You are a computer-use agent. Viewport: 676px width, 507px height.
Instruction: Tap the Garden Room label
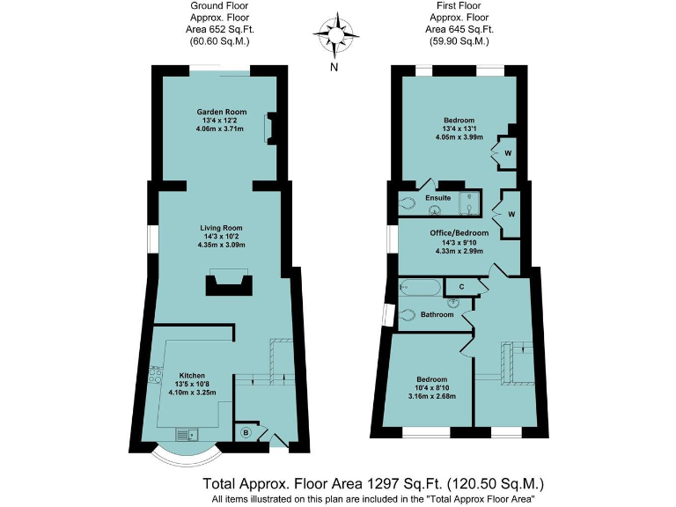[222, 112]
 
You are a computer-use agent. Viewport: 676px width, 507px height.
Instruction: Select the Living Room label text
[220, 228]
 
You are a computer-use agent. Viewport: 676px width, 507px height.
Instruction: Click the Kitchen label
[192, 374]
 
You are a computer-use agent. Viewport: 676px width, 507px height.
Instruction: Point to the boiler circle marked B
[246, 432]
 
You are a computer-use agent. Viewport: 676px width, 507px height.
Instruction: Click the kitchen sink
[187, 433]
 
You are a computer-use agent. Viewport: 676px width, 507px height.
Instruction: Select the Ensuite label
[438, 198]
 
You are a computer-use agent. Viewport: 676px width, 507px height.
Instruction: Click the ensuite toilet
[408, 203]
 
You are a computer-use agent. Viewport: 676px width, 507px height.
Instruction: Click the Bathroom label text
[437, 314]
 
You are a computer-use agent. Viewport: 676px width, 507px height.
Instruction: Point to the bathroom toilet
[408, 314]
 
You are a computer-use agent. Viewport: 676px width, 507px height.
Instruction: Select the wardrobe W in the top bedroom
[509, 153]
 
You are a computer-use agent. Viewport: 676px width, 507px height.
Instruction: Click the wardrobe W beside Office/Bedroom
[511, 214]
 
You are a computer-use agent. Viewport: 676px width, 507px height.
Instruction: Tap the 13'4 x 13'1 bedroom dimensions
[460, 129]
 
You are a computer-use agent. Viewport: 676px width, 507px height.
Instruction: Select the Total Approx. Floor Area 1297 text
[373, 483]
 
